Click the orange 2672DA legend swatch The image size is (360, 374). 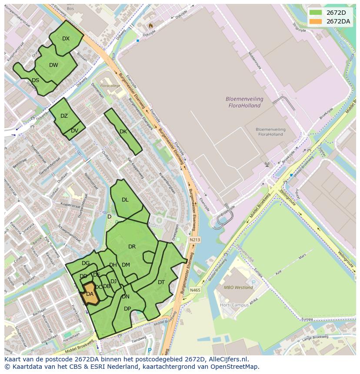tap(316, 21)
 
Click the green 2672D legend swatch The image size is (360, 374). tap(316, 13)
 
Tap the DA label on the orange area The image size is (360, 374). tap(90, 294)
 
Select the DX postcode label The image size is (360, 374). tap(66, 39)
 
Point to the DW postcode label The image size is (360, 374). tap(53, 65)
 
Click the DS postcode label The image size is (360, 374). tap(35, 80)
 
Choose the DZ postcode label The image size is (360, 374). tap(64, 116)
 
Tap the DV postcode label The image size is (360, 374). tap(74, 131)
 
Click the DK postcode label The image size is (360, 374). tap(123, 132)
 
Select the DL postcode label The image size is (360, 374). tap(125, 200)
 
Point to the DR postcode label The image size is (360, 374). tap(132, 247)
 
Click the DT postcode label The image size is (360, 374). tap(161, 282)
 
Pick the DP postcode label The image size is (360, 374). tap(127, 309)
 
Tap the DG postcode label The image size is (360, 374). tap(86, 263)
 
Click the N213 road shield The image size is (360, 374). tap(195, 239)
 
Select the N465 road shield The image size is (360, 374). tap(195, 290)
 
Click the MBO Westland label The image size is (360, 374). tap(238, 287)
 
